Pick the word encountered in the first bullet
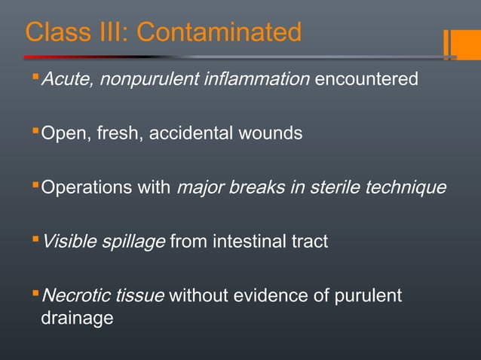click(x=366, y=79)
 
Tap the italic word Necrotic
click(x=73, y=296)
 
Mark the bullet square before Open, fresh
click(x=35, y=133)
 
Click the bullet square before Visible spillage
click(x=35, y=240)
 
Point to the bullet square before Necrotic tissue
click(x=35, y=294)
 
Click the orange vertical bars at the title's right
click(x=450, y=44)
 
